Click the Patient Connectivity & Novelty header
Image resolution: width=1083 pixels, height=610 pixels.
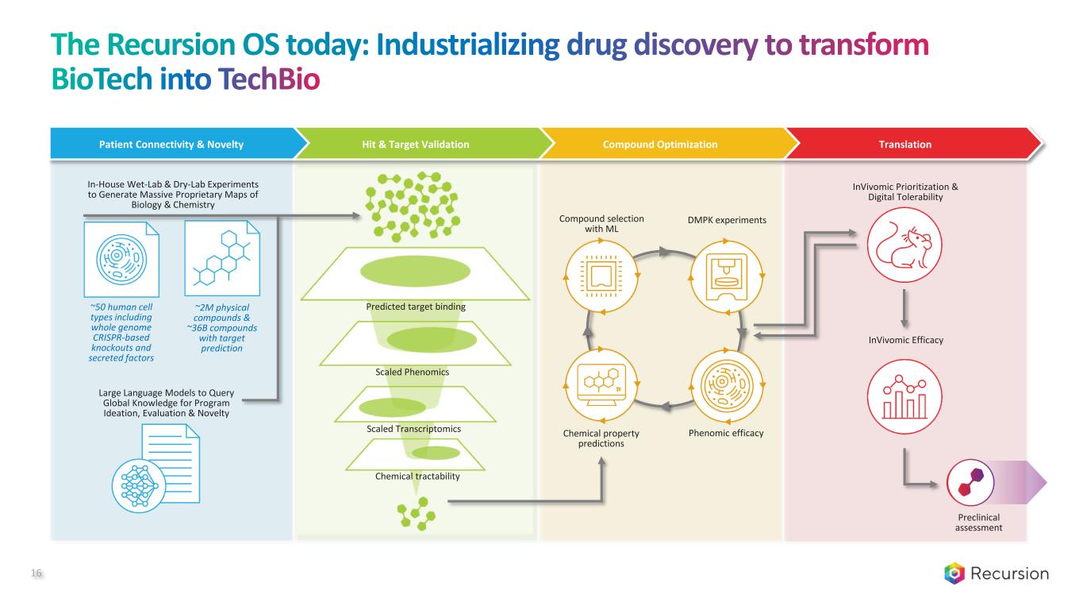(171, 145)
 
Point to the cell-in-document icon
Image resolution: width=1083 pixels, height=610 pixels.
(121, 258)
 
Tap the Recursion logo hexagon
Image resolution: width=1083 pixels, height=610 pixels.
(954, 573)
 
